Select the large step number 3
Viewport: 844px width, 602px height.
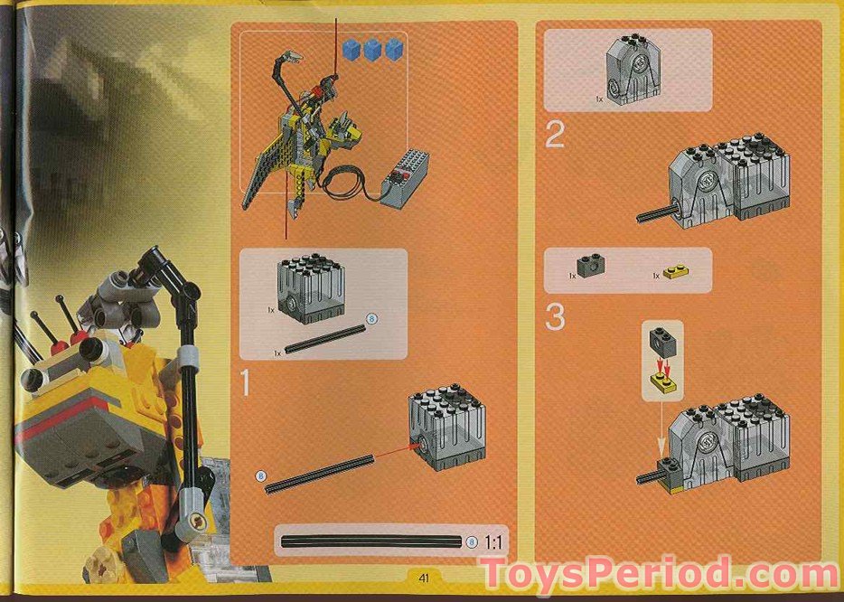click(555, 317)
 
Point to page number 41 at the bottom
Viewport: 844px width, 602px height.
click(422, 577)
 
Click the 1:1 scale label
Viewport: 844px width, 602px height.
click(494, 542)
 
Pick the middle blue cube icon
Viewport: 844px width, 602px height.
click(372, 50)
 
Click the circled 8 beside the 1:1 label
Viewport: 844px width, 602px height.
click(473, 542)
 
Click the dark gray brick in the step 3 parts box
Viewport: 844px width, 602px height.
click(591, 267)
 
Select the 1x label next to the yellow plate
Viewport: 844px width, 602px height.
click(655, 275)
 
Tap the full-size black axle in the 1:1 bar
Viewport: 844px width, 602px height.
click(372, 542)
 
